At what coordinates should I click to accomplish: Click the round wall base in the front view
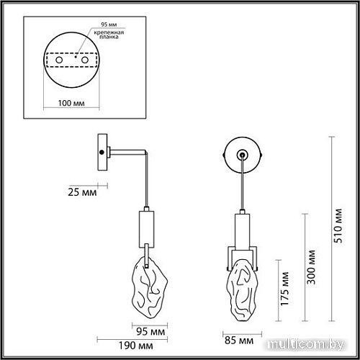[x=243, y=154]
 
